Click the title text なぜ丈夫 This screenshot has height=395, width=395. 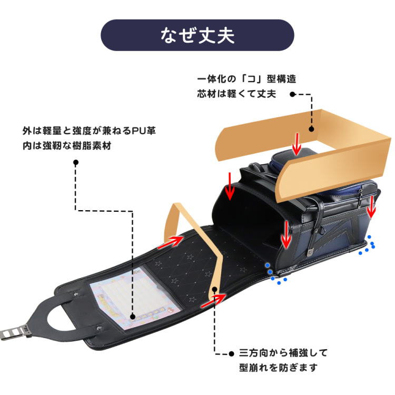[197, 36]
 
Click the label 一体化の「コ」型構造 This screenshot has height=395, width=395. [246, 80]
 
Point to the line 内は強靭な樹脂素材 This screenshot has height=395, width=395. [66, 145]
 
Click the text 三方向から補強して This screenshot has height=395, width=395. [283, 353]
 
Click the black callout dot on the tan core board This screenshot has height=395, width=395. [311, 128]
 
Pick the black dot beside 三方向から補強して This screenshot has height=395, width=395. [230, 353]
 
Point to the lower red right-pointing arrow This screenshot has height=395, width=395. [213, 300]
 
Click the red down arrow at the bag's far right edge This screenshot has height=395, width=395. [372, 206]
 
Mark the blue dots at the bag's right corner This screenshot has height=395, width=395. [367, 246]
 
